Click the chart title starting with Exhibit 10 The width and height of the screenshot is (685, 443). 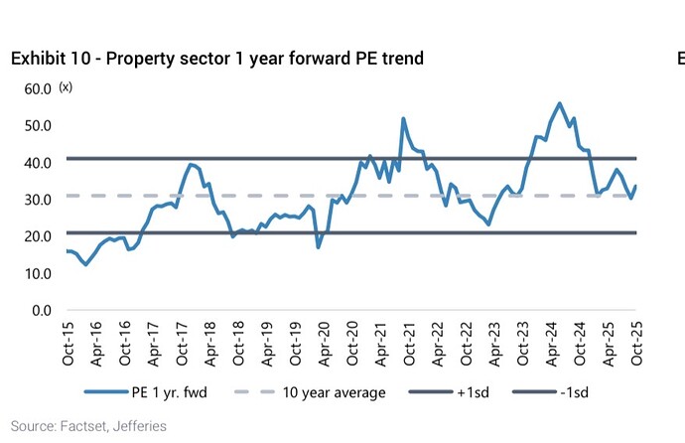[217, 59]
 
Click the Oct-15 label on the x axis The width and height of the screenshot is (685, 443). [68, 343]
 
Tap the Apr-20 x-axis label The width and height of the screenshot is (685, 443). [325, 343]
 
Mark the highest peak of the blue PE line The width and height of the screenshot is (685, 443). [560, 103]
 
